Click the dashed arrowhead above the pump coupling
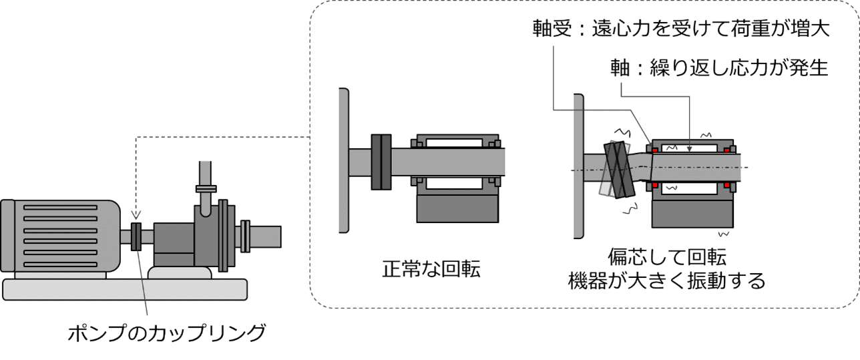point(136,215)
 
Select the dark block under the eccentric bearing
point(694,213)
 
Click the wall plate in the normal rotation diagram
point(343,160)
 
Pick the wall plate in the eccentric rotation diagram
point(579,166)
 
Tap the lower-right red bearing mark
point(728,184)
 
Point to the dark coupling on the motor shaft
point(136,236)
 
